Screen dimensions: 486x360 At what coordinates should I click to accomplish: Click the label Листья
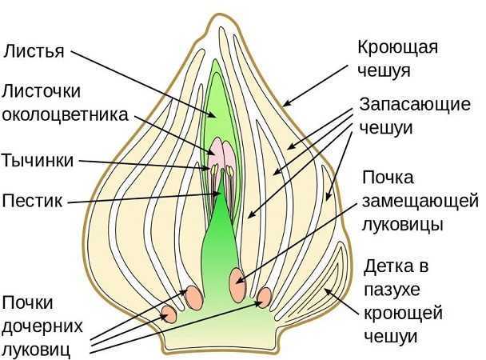(x=34, y=51)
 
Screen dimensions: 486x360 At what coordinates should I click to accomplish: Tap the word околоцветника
(x=65, y=114)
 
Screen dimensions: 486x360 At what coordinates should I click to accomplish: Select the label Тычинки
(x=38, y=160)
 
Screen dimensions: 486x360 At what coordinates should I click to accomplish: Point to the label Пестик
(x=32, y=201)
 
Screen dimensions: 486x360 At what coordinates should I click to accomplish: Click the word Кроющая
(x=397, y=47)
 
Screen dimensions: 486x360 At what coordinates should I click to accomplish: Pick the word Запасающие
(x=415, y=105)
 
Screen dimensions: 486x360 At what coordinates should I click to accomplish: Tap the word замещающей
(x=420, y=202)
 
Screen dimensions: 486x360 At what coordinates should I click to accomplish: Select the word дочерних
(x=42, y=326)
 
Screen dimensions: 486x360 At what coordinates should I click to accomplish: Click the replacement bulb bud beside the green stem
(x=237, y=282)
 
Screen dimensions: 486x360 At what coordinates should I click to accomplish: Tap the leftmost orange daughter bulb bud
(x=169, y=314)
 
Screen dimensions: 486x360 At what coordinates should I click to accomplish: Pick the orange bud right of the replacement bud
(x=264, y=298)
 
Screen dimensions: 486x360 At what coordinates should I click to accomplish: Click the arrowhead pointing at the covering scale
(x=286, y=103)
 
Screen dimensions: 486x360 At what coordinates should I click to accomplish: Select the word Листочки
(x=42, y=91)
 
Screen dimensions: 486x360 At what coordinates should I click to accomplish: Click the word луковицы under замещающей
(x=402, y=224)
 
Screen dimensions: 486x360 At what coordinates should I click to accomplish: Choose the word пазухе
(x=392, y=290)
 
